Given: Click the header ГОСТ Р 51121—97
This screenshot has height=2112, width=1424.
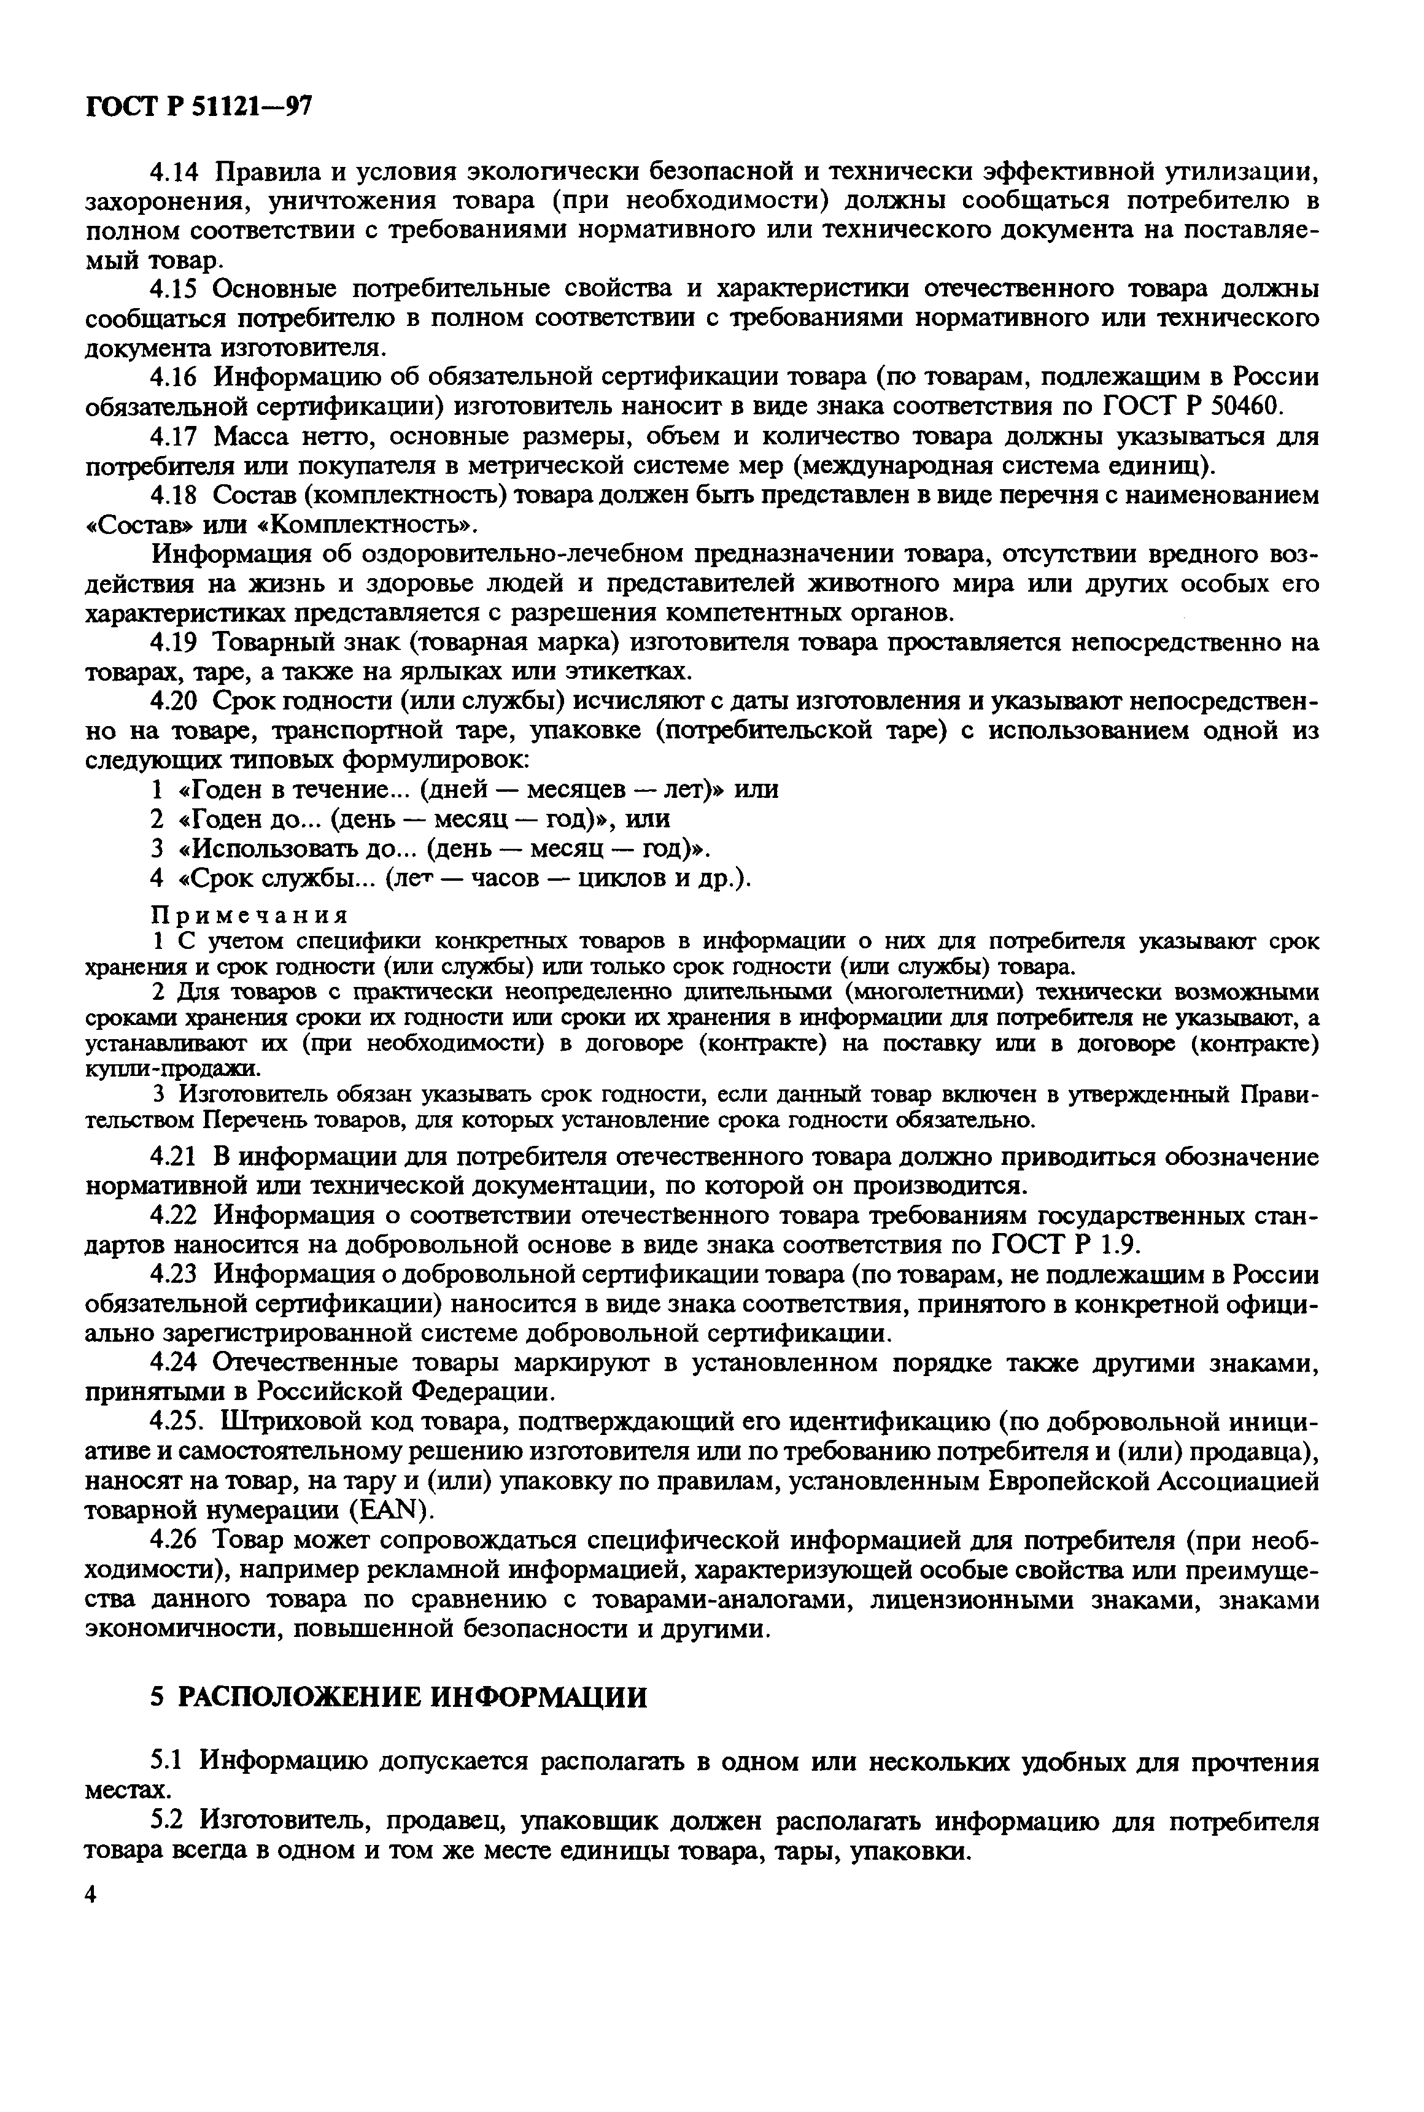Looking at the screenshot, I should [x=199, y=107].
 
